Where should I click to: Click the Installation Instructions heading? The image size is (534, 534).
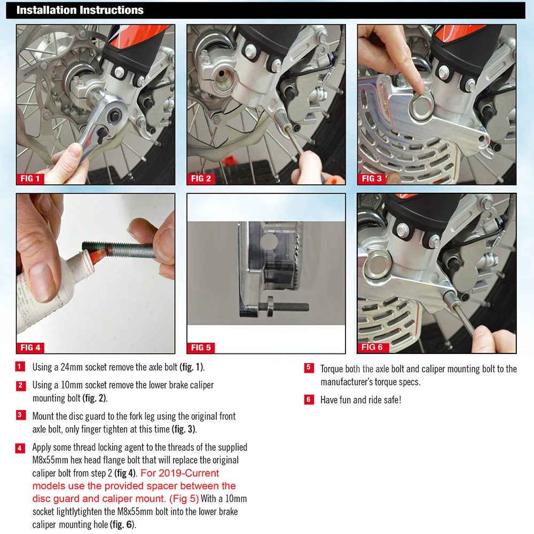point(80,10)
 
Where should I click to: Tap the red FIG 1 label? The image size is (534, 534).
point(30,179)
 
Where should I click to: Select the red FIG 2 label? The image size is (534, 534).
point(201,179)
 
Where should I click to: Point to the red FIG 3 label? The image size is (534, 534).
point(372,179)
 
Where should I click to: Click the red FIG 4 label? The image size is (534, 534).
point(30,348)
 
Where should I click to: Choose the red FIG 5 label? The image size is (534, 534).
point(201,348)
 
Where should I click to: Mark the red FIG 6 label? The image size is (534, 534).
point(373,348)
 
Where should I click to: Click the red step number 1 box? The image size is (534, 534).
point(20,366)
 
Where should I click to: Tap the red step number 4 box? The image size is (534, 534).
point(20,448)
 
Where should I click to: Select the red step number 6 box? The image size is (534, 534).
point(309,399)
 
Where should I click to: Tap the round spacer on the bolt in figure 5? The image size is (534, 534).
point(269,307)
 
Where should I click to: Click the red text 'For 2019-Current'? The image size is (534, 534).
point(180,473)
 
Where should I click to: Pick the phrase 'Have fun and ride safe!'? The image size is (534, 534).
point(360,400)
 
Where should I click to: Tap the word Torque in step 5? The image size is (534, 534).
point(332,369)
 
